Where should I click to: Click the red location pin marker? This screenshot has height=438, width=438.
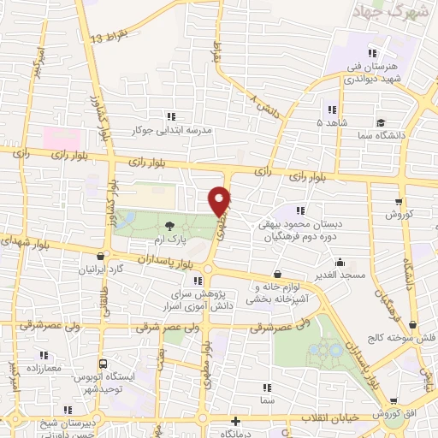click(x=220, y=200)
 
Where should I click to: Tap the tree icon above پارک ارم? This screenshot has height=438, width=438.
click(x=169, y=225)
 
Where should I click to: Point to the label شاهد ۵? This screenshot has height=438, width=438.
click(x=330, y=122)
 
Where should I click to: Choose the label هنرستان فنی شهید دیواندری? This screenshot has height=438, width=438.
click(x=377, y=72)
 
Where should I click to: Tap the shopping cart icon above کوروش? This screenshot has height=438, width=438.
click(x=399, y=202)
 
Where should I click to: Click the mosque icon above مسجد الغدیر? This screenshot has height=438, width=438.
click(x=340, y=263)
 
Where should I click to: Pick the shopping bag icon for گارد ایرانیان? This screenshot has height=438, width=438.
click(x=102, y=256)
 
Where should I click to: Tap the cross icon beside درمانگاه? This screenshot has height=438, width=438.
click(x=237, y=422)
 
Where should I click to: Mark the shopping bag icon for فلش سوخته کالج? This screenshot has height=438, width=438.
click(x=414, y=324)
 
